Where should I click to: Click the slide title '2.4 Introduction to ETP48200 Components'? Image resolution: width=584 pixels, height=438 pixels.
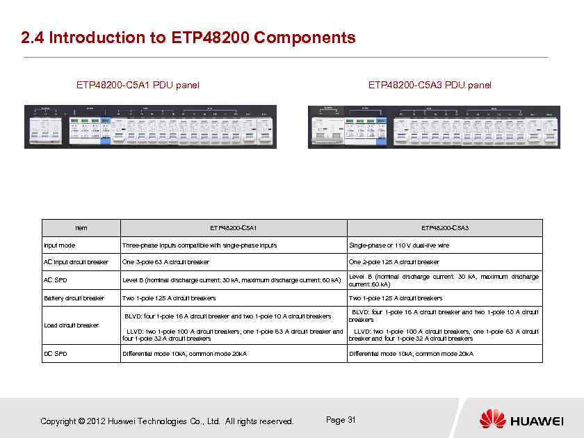[188, 38]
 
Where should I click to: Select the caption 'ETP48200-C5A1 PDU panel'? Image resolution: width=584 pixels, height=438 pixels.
[138, 86]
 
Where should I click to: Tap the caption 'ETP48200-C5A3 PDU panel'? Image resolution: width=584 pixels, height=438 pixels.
[430, 86]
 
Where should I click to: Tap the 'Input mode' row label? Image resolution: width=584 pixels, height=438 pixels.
[60, 245]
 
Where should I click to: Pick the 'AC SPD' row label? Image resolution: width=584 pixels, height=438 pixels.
[56, 280]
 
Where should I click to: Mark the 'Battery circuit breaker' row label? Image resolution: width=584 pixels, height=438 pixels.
[74, 298]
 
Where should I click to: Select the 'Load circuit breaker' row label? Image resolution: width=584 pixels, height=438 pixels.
[70, 325]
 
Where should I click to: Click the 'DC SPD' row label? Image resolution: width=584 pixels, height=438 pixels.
[56, 354]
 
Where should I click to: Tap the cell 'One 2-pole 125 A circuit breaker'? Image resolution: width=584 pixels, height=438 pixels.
[394, 263]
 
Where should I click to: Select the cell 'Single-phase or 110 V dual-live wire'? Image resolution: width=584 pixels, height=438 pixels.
[399, 245]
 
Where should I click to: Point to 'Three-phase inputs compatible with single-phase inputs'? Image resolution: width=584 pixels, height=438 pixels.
[200, 245]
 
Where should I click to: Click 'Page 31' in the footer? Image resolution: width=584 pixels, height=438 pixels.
[341, 420]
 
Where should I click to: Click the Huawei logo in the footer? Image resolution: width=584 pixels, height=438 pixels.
[521, 419]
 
